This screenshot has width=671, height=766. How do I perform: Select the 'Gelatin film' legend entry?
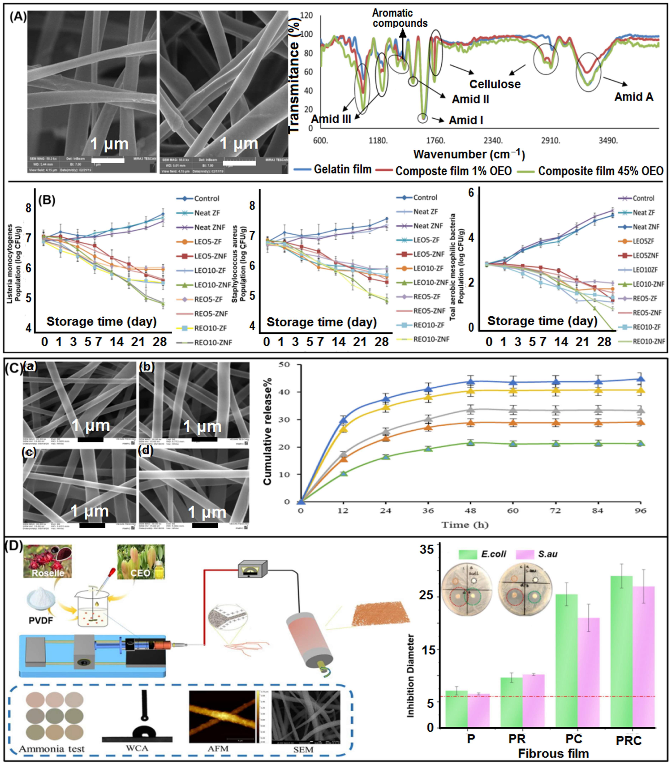[x=342, y=170]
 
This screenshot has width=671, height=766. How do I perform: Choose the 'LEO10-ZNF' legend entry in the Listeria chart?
[x=212, y=285]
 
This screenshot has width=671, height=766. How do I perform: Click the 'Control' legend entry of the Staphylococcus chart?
[x=425, y=197]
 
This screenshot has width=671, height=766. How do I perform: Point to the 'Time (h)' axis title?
[x=465, y=525]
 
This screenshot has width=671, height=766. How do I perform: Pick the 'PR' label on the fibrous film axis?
[x=517, y=739]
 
